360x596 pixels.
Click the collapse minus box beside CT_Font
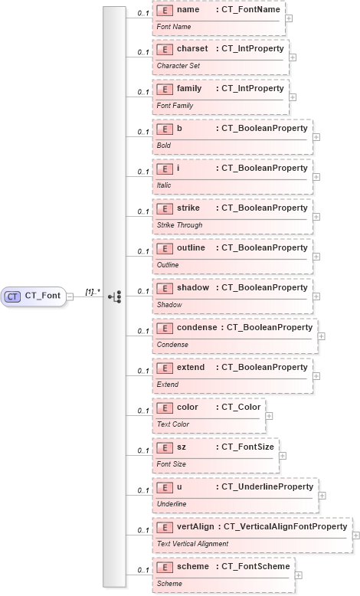point(70,296)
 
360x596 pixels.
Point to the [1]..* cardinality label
point(93,291)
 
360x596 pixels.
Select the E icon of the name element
point(162,11)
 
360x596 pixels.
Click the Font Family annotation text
point(175,106)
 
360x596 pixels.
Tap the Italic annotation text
point(164,185)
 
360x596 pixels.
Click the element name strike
point(188,208)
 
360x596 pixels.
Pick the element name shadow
point(193,287)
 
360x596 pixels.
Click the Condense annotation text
point(172,345)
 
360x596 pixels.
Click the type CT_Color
point(240,407)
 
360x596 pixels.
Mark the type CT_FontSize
point(246,447)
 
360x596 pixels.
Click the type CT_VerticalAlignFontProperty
point(283,526)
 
